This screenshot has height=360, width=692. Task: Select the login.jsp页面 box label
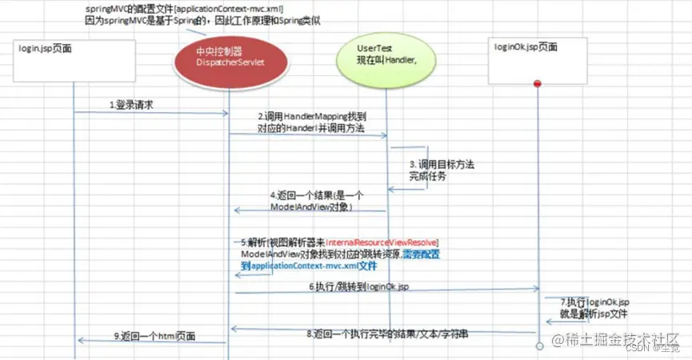pos(46,49)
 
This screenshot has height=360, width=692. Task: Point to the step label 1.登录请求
pos(132,105)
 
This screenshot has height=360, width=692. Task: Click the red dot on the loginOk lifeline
pos(538,83)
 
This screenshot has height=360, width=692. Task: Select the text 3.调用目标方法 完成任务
pos(441,170)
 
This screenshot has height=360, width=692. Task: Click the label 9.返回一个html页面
pos(152,335)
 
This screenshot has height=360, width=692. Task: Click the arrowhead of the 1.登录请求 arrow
pos(226,114)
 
